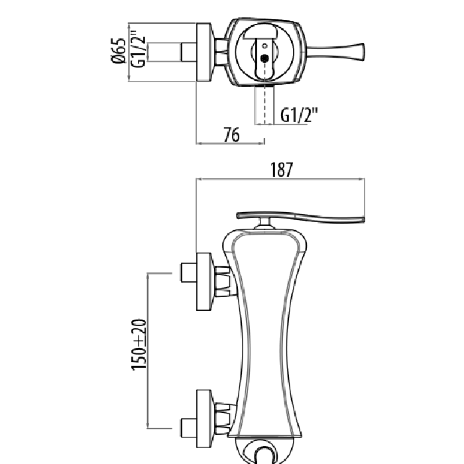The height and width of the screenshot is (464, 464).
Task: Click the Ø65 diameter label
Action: [119, 50]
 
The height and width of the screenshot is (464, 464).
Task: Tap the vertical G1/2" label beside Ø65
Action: [139, 48]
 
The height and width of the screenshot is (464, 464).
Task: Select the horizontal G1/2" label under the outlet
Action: [299, 115]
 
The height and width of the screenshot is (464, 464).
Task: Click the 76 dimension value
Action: [231, 135]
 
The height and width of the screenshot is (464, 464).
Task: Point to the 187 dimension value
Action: [282, 170]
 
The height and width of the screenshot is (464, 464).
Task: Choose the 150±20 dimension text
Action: [139, 345]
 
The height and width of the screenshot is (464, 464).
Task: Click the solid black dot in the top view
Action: [264, 58]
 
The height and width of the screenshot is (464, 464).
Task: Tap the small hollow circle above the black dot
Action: [265, 46]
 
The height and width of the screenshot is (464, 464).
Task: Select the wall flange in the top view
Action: [204, 52]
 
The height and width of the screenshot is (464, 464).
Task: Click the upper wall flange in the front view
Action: [204, 282]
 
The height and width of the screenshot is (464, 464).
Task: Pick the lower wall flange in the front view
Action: [204, 418]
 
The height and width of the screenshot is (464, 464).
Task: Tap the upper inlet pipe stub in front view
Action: [189, 272]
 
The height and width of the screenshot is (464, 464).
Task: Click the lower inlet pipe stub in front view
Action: [189, 428]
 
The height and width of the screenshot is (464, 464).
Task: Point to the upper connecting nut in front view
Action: [223, 281]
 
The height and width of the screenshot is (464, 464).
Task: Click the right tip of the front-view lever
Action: [364, 219]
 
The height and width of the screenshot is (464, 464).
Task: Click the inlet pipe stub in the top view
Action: [189, 52]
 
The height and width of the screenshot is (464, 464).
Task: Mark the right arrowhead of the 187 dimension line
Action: [362, 179]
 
